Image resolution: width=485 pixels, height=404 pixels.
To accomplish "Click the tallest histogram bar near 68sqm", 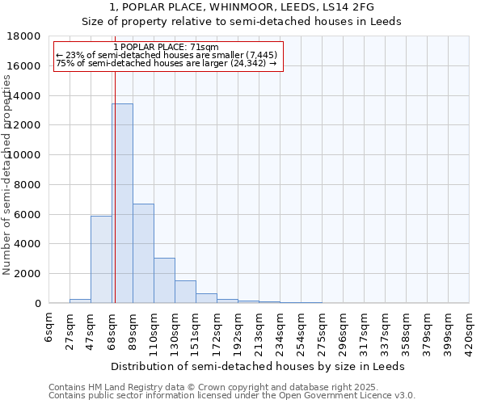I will [x=122, y=204].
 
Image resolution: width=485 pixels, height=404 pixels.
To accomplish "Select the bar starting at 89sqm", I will [x=143, y=254].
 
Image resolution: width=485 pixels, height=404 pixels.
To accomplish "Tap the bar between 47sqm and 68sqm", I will [x=101, y=259].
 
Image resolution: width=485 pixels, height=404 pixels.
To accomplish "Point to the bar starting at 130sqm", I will [x=185, y=292].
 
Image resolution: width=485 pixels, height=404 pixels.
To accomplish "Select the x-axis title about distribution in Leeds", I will [x=258, y=366].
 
